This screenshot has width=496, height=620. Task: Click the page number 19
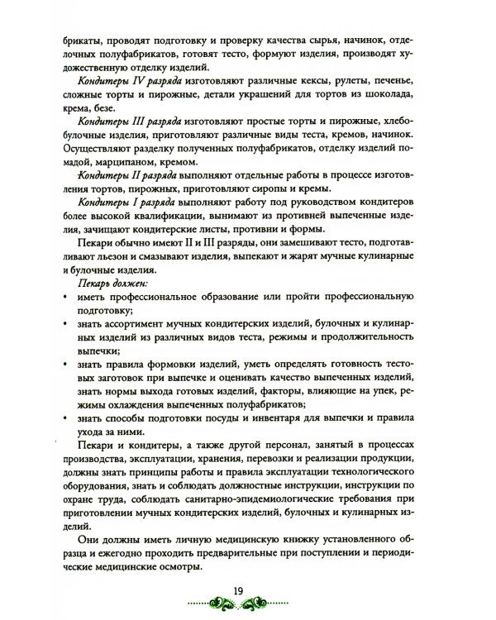point(237,589)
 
